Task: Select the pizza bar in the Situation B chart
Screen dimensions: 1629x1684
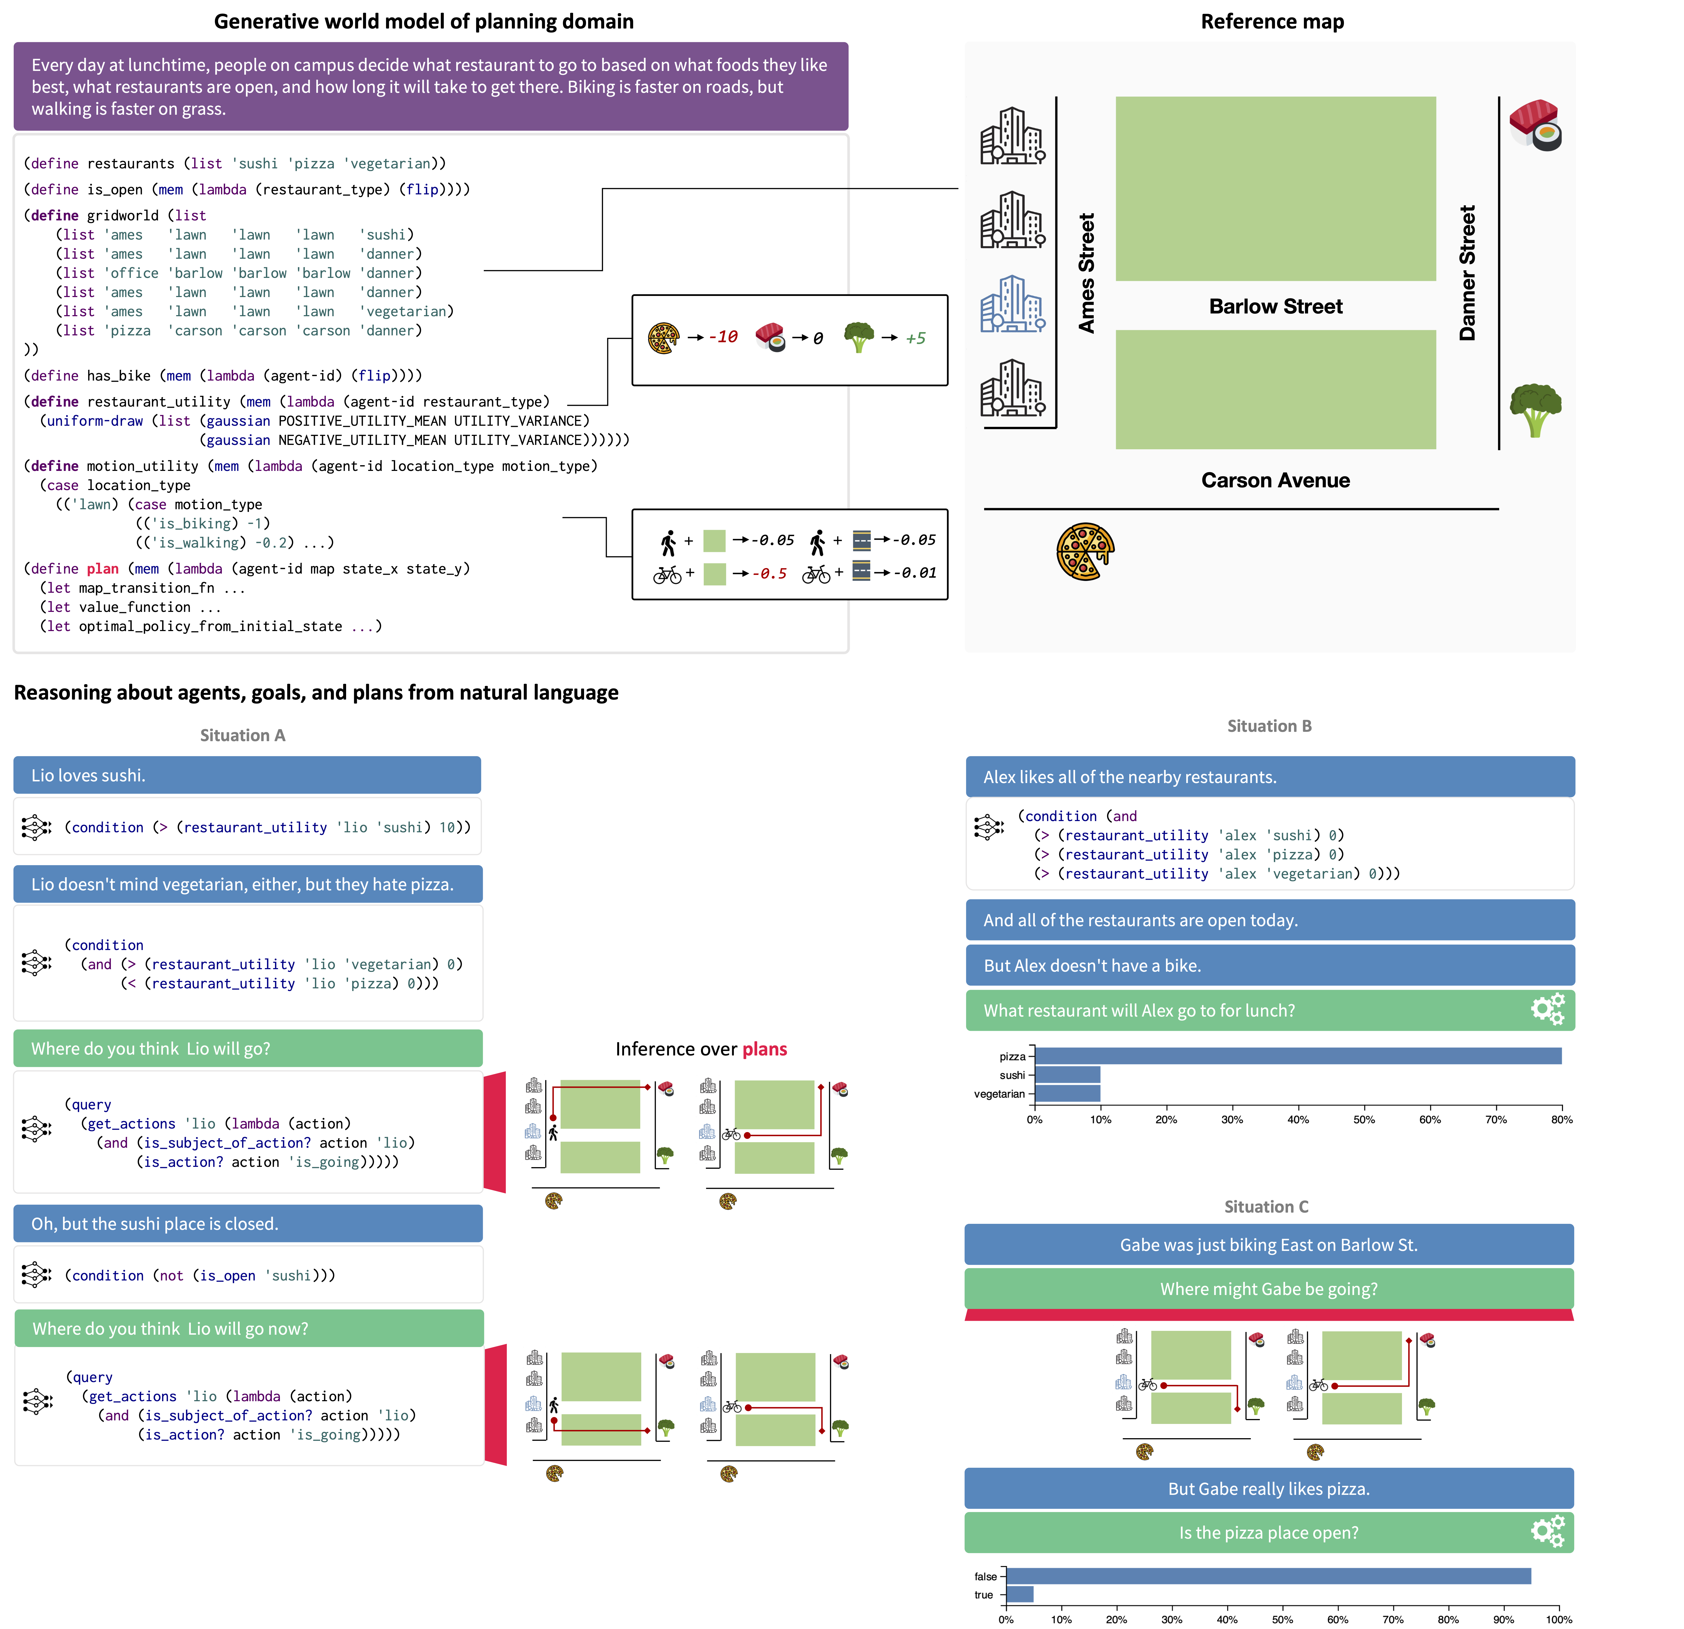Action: pyautogui.click(x=1297, y=1056)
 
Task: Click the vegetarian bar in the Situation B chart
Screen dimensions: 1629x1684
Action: pyautogui.click(x=1068, y=1094)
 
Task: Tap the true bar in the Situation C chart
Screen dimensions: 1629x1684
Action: pyautogui.click(x=1020, y=1595)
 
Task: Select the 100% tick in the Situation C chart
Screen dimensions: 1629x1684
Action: pyautogui.click(x=1559, y=1619)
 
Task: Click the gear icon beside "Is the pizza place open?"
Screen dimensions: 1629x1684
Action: pyautogui.click(x=1547, y=1531)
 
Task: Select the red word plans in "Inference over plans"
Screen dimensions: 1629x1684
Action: pyautogui.click(x=765, y=1049)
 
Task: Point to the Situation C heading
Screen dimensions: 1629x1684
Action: pyautogui.click(x=1266, y=1206)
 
